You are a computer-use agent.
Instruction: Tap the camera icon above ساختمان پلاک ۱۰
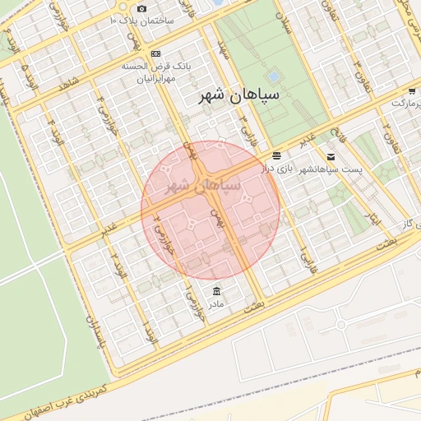tap(142, 8)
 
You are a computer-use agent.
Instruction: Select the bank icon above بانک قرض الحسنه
tap(155, 53)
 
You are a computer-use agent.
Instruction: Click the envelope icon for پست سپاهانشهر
tap(331, 156)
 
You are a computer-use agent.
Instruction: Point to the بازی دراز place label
tap(278, 168)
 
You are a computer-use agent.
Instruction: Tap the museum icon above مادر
tap(216, 292)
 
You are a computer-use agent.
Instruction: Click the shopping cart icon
tap(411, 92)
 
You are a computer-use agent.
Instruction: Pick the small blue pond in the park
tap(273, 76)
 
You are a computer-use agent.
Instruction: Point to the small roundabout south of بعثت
tap(341, 326)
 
